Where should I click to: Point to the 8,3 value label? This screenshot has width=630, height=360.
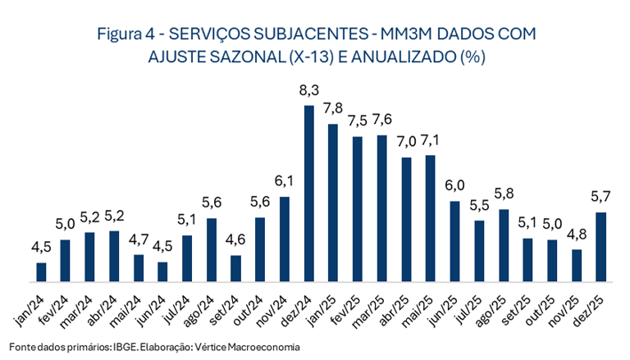pos(308,88)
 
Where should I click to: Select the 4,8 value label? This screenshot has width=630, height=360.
pos(576,232)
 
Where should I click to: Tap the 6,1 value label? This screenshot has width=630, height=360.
pos(285,180)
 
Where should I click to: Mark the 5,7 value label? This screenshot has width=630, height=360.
pos(600,196)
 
